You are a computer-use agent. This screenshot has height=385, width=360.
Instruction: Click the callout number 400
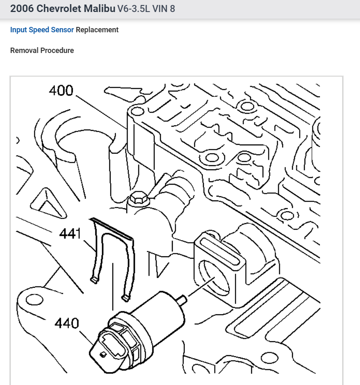[x=61, y=90]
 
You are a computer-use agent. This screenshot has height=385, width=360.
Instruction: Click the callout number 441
[x=69, y=234]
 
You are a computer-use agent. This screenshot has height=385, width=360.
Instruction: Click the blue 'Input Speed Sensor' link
[x=42, y=30]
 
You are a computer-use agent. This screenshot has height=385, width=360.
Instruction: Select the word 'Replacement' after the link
[x=97, y=30]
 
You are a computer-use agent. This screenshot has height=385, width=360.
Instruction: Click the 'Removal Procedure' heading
[x=42, y=51]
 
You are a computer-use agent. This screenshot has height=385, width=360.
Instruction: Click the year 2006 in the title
[x=22, y=9]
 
